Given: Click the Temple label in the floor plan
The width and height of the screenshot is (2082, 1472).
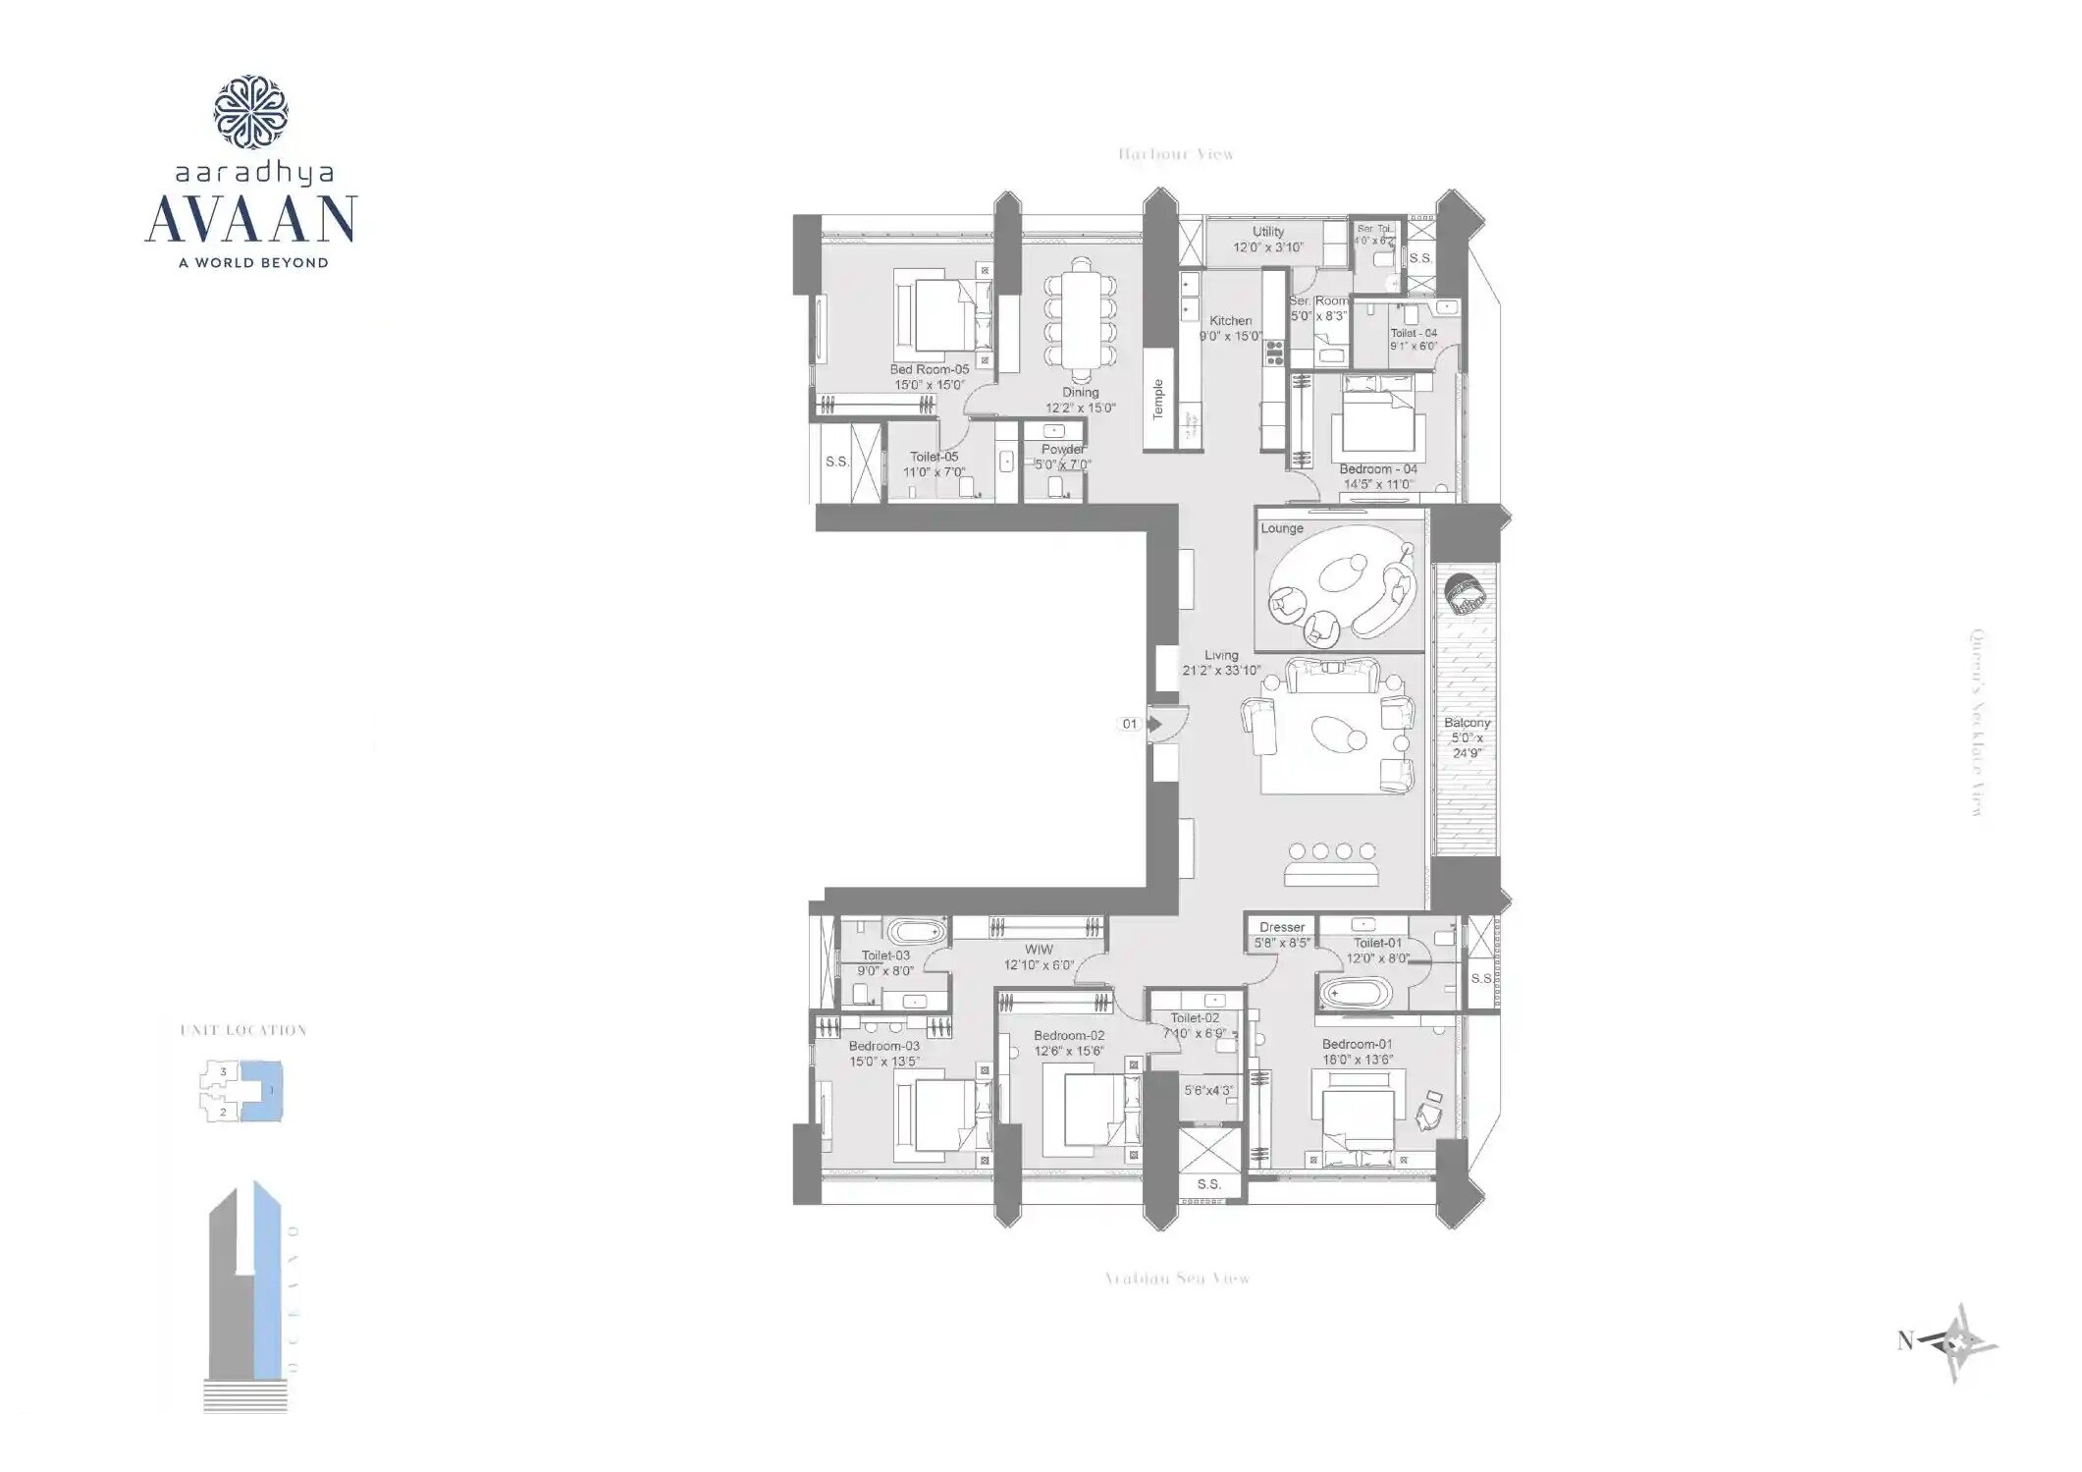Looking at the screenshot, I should pos(1158,399).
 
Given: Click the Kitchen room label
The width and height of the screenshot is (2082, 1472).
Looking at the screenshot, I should pos(1230,321).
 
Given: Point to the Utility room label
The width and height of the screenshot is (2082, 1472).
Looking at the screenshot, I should pos(1268,232).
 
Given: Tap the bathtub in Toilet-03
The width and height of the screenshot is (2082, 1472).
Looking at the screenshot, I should pos(915,931).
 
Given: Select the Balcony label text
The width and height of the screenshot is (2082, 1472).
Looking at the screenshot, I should pos(1467,723).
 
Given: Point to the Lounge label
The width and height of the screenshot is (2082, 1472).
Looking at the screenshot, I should pos(1282,528).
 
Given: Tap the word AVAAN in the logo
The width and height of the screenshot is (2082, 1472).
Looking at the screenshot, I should pos(251,220).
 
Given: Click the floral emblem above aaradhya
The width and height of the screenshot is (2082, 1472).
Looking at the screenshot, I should pos(250,112).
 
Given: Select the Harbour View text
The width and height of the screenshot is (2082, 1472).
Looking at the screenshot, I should pos(1176,154).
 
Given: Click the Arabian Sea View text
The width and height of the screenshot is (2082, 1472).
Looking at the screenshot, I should pos(1177,1279).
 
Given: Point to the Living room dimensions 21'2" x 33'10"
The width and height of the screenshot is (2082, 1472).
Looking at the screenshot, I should pos(1221,671).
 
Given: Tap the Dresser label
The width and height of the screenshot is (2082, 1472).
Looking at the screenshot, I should pos(1282,927).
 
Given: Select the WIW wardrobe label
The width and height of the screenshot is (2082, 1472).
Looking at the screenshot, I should pos(1039,950).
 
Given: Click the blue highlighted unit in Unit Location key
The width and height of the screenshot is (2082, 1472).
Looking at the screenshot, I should pos(265,1090).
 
